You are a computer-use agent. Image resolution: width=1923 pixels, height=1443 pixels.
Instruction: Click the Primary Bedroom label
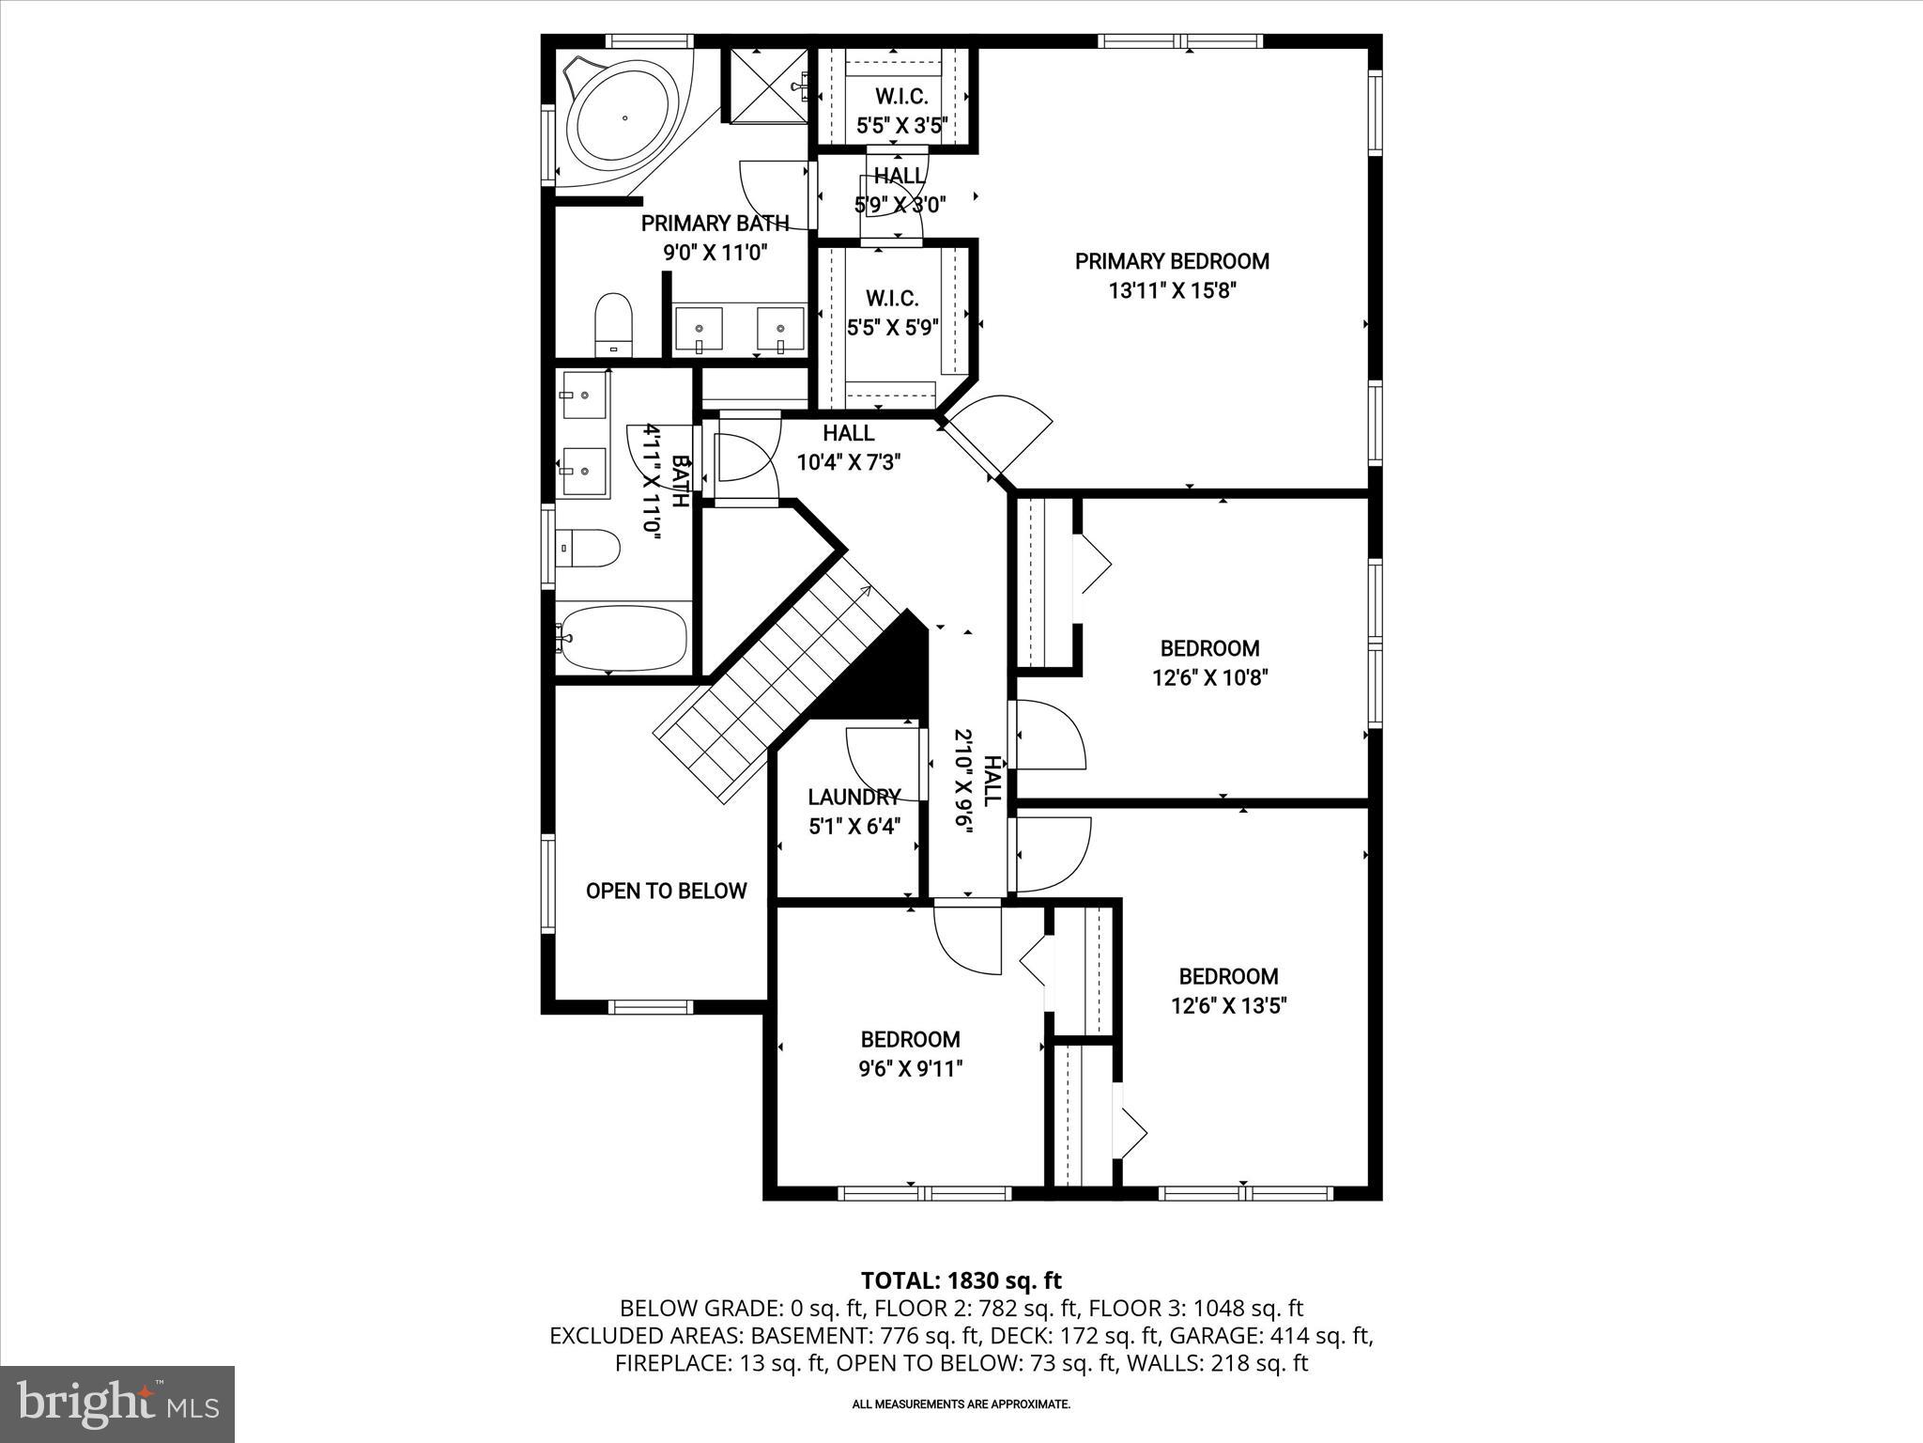coord(1172,261)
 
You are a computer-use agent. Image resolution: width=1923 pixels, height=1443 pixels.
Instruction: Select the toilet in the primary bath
coord(614,324)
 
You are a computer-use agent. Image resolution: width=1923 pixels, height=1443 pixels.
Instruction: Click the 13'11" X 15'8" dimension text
coord(1172,291)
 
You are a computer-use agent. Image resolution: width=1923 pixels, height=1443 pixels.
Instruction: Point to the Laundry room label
coord(854,798)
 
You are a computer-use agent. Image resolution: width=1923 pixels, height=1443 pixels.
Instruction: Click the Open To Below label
coord(666,891)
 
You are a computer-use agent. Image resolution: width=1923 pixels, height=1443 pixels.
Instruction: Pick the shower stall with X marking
coord(768,86)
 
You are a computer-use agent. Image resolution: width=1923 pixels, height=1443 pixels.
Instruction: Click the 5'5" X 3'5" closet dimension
coord(901,125)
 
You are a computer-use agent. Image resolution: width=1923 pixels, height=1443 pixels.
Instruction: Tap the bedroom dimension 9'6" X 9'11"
coord(910,1069)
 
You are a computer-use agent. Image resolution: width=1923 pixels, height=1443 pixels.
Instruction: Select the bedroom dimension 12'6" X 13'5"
coord(1228,1006)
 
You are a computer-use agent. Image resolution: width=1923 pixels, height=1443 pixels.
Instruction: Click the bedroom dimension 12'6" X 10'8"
coord(1209,677)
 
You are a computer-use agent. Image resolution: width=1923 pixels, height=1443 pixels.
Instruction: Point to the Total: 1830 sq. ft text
coord(961,1280)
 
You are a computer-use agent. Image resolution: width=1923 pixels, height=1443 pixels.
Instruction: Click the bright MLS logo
coord(117,1404)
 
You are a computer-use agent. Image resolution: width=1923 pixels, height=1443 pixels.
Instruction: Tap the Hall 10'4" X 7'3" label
coord(849,448)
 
